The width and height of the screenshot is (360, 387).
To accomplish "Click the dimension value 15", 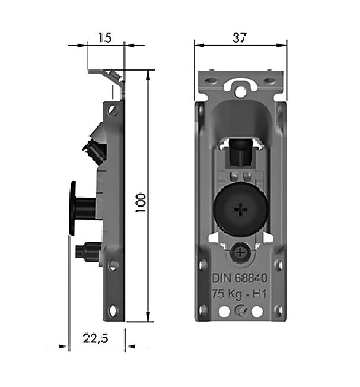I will [104, 38].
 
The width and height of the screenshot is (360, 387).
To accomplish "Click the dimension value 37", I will [240, 37].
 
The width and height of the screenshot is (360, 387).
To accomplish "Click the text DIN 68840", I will [240, 278].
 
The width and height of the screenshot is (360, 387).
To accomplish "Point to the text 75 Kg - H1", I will [240, 294].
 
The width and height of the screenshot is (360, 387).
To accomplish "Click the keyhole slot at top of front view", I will [240, 88].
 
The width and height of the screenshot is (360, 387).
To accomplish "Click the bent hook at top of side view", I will [113, 75].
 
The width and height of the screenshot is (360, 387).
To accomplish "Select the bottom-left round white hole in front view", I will [224, 311].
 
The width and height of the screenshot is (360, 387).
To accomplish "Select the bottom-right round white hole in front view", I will [257, 311].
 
